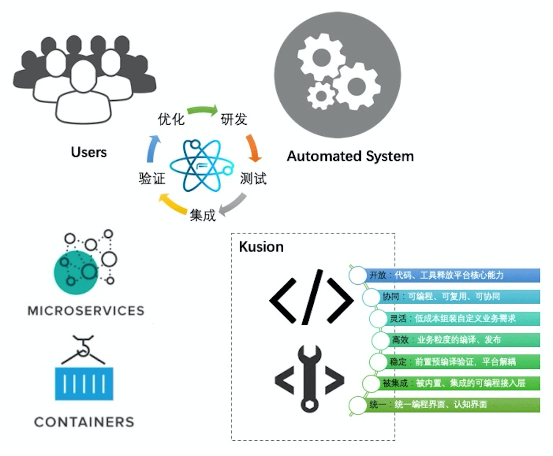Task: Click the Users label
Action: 89,152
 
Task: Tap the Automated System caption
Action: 350,156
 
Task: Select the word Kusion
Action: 261,247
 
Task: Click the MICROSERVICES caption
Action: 86,310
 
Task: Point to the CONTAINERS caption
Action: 84,422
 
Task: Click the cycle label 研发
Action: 234,119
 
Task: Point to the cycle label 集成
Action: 202,215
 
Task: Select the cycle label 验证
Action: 152,178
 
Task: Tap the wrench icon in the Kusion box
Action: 310,379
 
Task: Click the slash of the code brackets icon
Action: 312,297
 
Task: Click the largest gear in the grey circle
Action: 357,86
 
